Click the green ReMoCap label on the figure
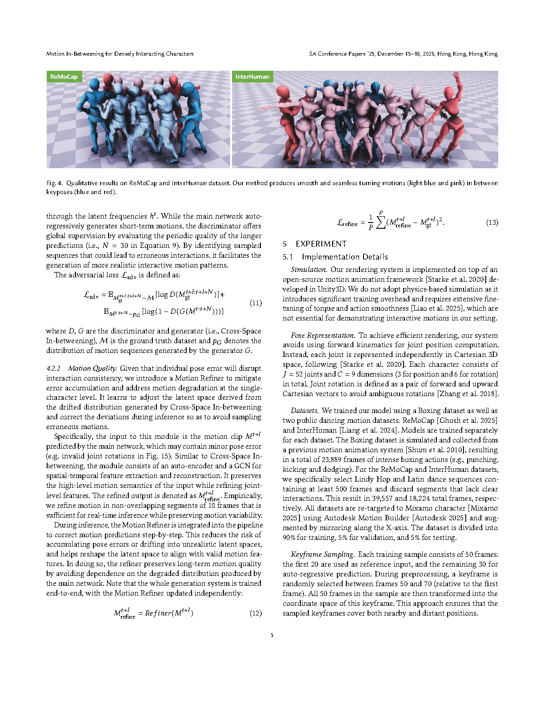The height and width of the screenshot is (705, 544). [64, 77]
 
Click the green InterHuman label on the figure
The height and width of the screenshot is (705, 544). [252, 77]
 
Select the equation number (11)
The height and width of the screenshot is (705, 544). [256, 303]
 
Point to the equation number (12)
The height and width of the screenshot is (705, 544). [256, 613]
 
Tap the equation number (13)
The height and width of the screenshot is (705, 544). [492, 222]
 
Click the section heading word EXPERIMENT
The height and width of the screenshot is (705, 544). [321, 244]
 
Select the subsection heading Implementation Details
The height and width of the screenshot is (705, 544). [344, 257]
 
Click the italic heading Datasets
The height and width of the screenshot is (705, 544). [304, 410]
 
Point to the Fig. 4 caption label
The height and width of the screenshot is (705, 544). [54, 183]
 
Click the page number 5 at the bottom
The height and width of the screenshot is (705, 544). [272, 635]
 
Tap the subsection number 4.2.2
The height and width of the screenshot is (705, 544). [53, 368]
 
